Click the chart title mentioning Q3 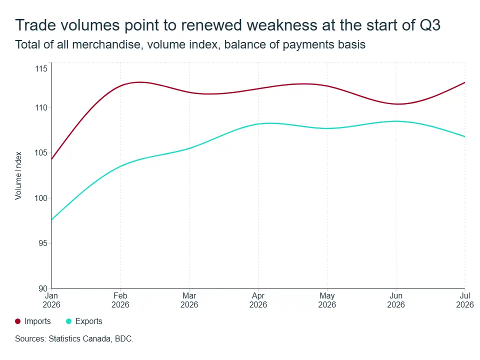(228, 25)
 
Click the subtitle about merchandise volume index (190, 44)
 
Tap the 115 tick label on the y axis (41, 68)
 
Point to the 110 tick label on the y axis (41, 108)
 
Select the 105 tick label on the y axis (41, 153)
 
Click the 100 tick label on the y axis (41, 198)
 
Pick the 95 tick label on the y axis (43, 243)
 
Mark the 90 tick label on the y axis (43, 288)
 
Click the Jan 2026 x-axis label (51, 300)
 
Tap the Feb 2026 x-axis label (120, 300)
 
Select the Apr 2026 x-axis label (258, 300)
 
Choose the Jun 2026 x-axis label (396, 300)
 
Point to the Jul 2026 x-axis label (465, 300)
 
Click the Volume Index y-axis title (18, 175)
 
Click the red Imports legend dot (18, 321)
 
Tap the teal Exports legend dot (69, 321)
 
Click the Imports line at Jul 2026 (464, 82)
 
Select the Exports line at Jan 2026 (51, 219)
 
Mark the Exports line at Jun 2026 (396, 121)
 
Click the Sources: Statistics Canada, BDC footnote (74, 339)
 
